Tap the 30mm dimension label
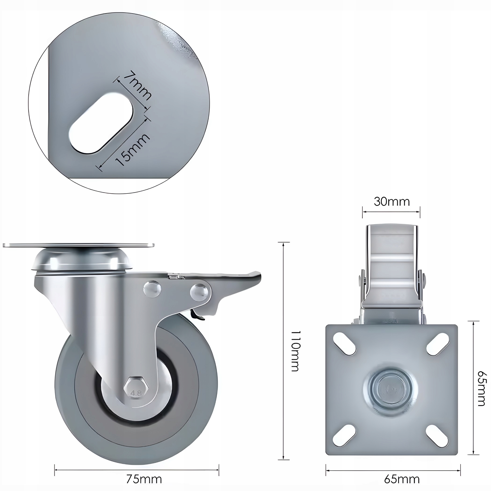(392, 202)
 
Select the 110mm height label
(296, 351)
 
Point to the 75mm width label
(144, 479)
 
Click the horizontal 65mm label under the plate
(402, 479)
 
